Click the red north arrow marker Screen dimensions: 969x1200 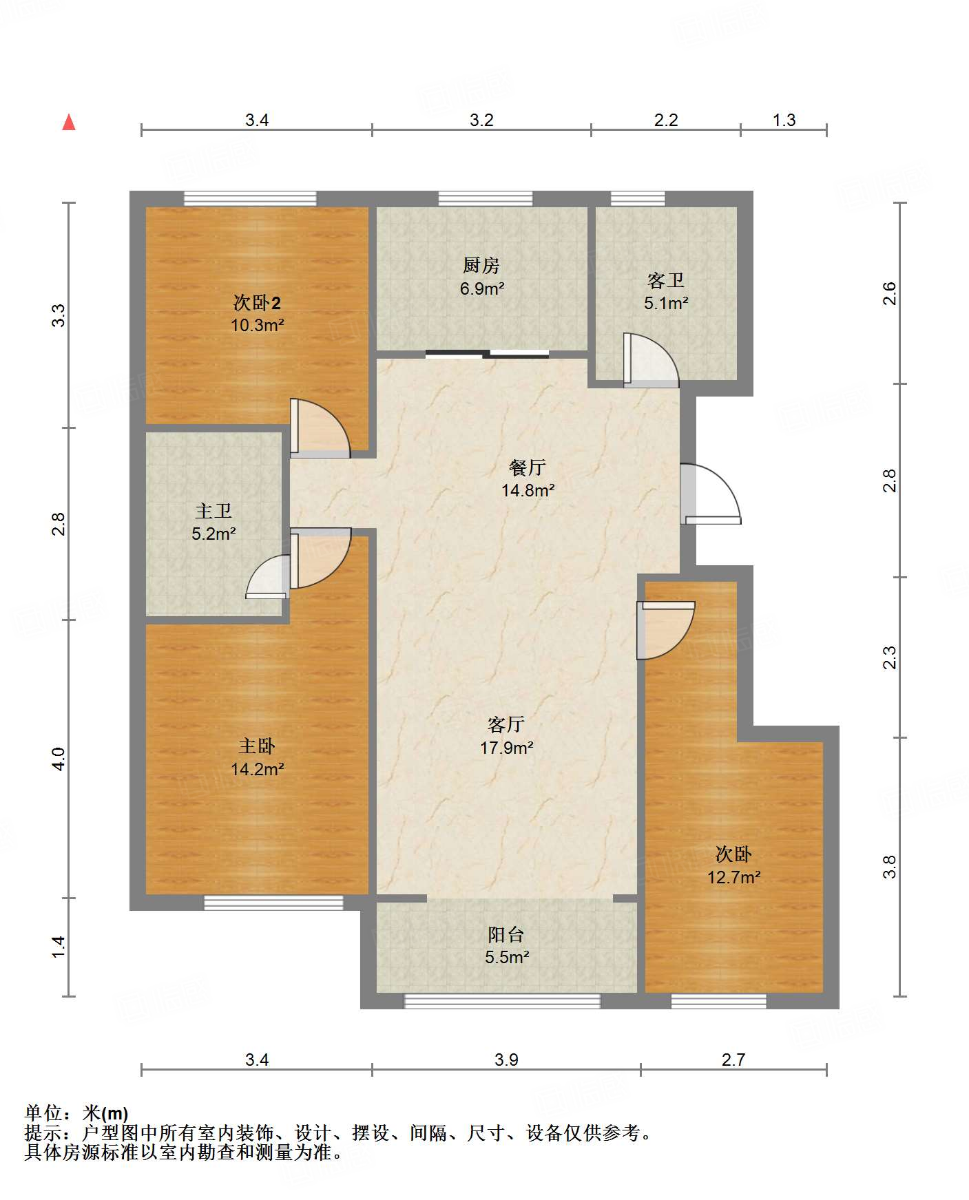69,122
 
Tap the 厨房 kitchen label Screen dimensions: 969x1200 481,265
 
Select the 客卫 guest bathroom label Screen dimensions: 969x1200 666,280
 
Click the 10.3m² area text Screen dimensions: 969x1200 257,325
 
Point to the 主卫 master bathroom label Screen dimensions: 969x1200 213,511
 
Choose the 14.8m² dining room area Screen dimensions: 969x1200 528,490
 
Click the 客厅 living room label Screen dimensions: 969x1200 506,724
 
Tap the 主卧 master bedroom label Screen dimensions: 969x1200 257,746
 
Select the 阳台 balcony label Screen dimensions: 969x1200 506,934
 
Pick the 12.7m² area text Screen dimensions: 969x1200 733,877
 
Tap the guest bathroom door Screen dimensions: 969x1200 651,360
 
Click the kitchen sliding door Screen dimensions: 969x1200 488,355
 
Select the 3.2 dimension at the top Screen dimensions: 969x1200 481,120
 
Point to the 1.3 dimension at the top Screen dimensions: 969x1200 784,120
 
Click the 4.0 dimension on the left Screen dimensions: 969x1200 59,759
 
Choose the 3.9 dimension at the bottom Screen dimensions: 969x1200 506,1060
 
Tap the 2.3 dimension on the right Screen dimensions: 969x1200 890,657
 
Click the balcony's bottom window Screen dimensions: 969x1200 502,1001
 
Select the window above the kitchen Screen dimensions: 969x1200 486,198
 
